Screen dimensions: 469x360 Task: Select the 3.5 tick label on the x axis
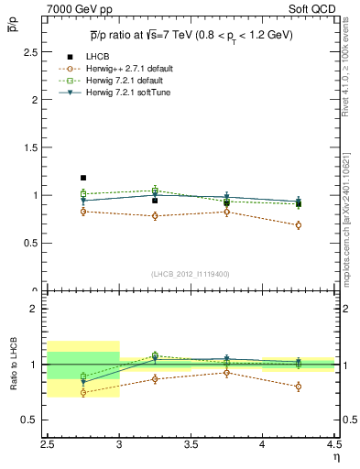[191, 445]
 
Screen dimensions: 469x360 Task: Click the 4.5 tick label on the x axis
[333, 445]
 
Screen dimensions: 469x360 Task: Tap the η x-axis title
[335, 456]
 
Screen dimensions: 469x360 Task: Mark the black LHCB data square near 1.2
[83, 178]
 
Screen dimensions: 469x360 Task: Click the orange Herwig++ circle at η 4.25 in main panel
[298, 225]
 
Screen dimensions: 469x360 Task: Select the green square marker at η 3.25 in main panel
[155, 191]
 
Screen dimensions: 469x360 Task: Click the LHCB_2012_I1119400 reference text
[191, 274]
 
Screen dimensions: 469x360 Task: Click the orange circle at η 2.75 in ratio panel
[83, 393]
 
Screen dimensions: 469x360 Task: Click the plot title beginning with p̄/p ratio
[191, 34]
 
